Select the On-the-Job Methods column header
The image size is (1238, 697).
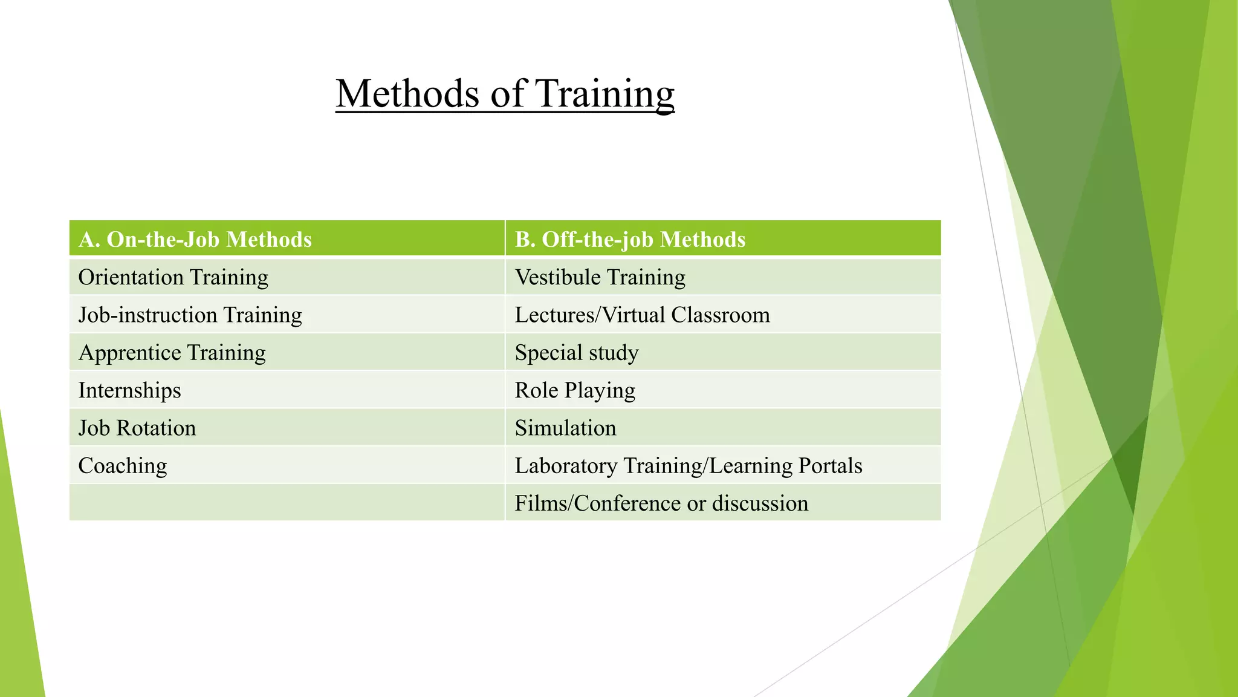(195, 240)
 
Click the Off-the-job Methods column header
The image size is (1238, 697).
(630, 240)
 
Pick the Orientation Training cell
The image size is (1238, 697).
(173, 277)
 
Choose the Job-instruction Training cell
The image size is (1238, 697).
(190, 315)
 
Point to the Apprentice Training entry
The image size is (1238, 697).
(172, 353)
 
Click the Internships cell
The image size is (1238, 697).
(129, 390)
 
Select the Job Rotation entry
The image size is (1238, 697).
(137, 428)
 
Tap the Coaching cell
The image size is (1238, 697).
(123, 466)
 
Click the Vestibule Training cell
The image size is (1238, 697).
(600, 277)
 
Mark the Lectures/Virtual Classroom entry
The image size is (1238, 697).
(642, 315)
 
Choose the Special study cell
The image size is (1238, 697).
(576, 353)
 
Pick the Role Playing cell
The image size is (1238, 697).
(574, 390)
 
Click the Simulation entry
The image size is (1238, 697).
(565, 428)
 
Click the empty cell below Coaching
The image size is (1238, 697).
(287, 502)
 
